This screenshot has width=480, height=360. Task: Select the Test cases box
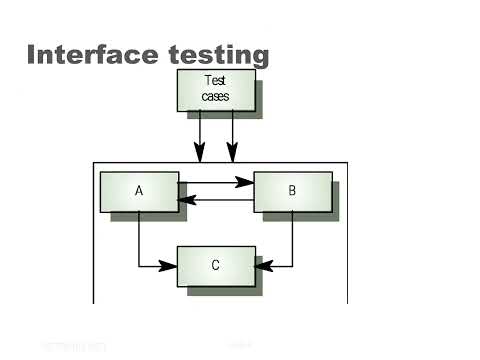[x=215, y=89]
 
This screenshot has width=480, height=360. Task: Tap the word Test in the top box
[x=215, y=81]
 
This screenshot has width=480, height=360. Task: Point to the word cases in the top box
[x=215, y=97]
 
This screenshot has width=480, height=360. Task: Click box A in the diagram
[x=138, y=191]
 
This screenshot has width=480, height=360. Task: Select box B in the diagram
[x=292, y=191]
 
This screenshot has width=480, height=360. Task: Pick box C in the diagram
[x=216, y=265]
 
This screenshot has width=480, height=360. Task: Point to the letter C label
[x=216, y=265]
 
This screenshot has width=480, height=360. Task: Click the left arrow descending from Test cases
[x=200, y=135]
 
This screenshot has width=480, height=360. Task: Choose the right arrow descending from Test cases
[x=232, y=135]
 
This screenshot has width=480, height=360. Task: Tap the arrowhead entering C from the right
[x=264, y=266]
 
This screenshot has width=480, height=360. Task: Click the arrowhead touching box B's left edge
[x=245, y=183]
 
